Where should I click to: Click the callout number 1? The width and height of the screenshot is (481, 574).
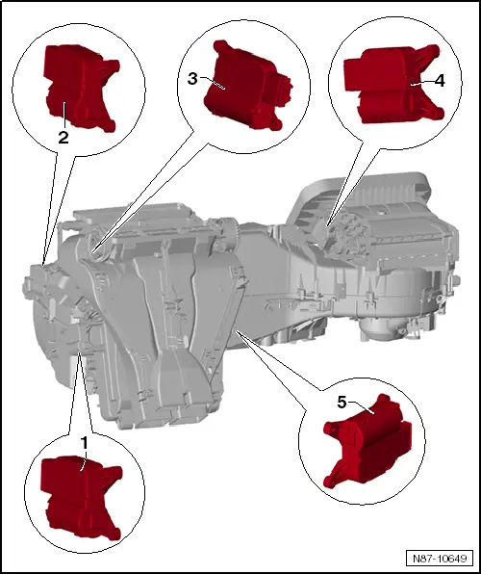pos(85,441)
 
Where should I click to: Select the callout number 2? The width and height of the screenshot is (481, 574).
pos(63,138)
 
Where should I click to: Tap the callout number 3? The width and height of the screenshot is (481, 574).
pos(192,79)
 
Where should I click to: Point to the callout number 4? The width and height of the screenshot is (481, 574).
pos(440,82)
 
